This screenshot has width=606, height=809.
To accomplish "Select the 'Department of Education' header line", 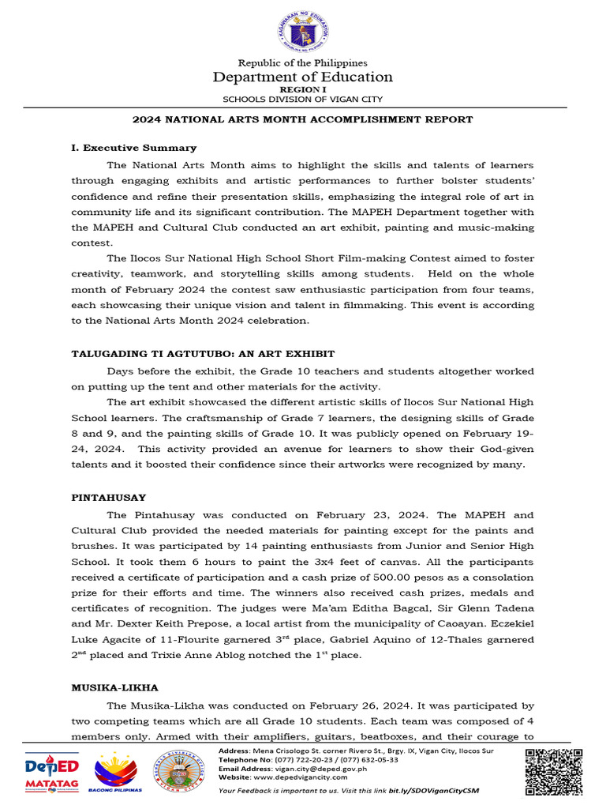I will (x=303, y=77).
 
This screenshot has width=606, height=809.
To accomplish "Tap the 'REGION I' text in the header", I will (x=303, y=89).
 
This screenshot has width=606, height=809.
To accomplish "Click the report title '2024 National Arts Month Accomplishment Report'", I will (x=302, y=119).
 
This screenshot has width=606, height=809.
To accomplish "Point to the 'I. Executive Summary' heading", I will (x=133, y=148).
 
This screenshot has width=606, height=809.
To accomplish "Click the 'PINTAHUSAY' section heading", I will (x=108, y=498).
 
